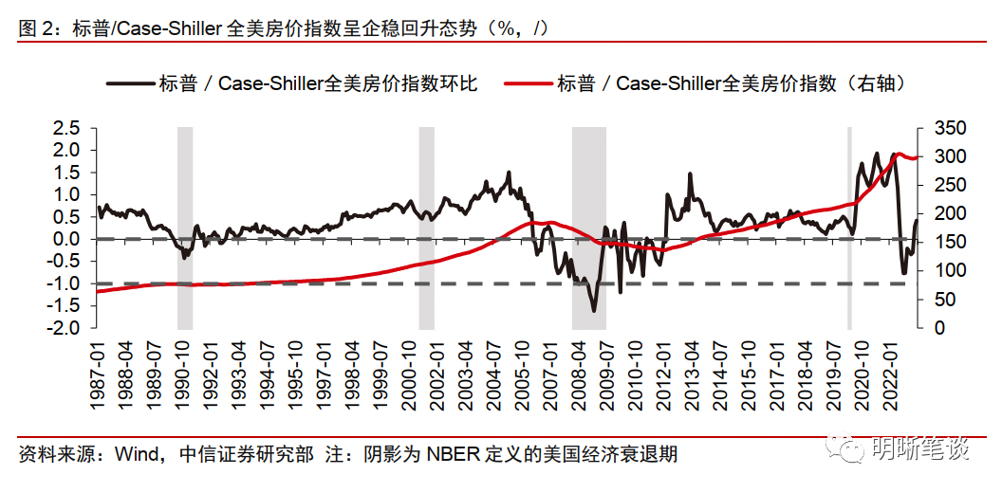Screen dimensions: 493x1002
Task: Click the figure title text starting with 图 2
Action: tap(285, 29)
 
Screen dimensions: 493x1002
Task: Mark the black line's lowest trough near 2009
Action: tap(594, 311)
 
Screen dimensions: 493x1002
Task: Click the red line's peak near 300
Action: tap(897, 154)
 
